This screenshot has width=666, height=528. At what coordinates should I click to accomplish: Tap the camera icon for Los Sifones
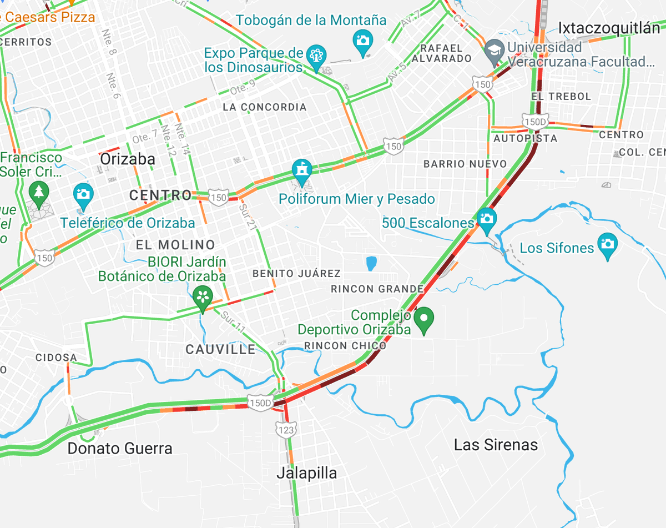pos(608,244)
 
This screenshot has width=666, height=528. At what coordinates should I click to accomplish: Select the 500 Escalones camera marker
pos(487,219)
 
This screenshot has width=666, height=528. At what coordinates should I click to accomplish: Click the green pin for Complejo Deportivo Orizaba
pos(425,319)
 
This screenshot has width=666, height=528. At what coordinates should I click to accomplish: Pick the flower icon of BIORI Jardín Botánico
pos(203,297)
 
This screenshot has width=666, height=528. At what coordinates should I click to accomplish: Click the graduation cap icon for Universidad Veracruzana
pos(493,51)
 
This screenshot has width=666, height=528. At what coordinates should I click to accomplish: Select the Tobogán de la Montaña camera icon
pos(363,41)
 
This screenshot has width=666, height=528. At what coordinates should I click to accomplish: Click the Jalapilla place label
pos(307,473)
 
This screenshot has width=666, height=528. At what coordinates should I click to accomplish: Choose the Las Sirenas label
pos(496,445)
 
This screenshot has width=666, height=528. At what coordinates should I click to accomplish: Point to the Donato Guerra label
pos(120,448)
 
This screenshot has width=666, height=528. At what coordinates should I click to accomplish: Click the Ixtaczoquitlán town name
pos(609,28)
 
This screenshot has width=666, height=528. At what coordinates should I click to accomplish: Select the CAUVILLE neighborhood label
pos(220,349)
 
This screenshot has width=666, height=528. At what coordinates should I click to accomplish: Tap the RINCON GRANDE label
pos(377,289)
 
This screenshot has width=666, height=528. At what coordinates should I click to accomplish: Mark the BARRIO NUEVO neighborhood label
pos(465,164)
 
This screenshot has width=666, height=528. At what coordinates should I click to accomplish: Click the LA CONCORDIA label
pos(264,107)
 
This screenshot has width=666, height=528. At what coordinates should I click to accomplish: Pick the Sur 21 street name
pos(248,216)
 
